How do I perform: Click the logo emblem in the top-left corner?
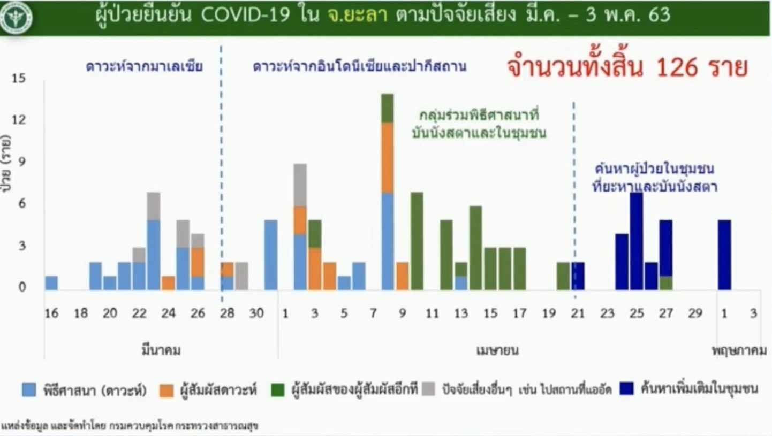(16, 17)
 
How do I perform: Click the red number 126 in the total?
(677, 67)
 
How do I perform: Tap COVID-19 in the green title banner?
(245, 15)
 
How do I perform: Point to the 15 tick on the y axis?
(19, 78)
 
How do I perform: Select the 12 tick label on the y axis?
(19, 120)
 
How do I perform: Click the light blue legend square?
(29, 389)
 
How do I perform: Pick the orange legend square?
(166, 390)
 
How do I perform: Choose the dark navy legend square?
(626, 388)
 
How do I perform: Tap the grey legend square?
(428, 388)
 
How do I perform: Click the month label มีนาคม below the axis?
(161, 350)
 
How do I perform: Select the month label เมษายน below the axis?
(497, 350)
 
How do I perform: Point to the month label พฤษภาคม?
(739, 350)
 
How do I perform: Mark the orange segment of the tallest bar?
(388, 158)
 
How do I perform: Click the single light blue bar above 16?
(52, 283)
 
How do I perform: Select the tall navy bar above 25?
(637, 241)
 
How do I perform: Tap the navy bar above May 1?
(724, 255)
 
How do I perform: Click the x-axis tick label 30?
(256, 313)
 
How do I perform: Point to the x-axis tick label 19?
(549, 313)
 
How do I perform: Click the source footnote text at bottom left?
(129, 426)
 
